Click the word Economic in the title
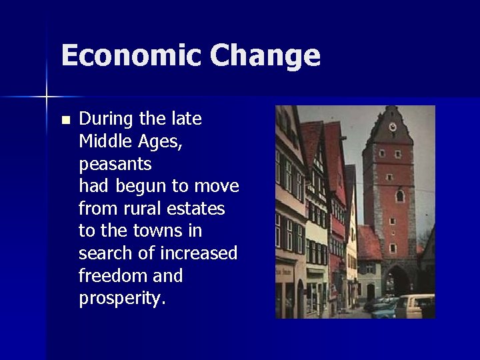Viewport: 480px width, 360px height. (131, 56)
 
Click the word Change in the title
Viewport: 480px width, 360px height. (265, 56)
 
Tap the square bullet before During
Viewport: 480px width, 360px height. (65, 121)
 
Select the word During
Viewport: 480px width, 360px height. (107, 119)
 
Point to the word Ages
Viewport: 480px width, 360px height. (157, 143)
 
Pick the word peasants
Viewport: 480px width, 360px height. (115, 165)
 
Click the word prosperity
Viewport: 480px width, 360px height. (121, 299)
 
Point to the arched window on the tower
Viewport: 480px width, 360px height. (399, 196)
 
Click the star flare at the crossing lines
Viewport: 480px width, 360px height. (47, 97)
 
